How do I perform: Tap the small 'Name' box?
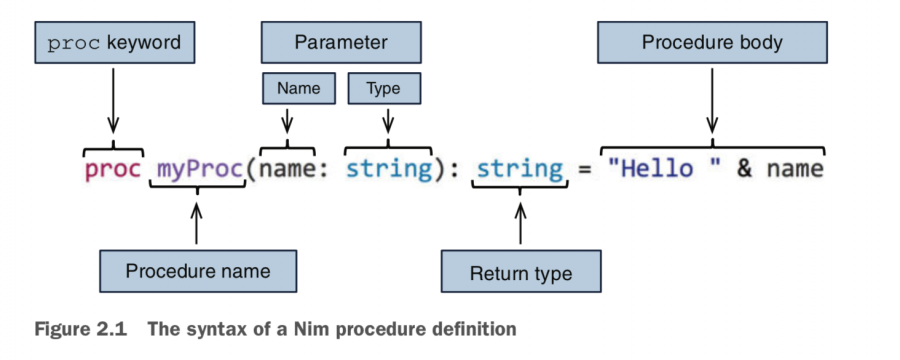pyautogui.click(x=298, y=89)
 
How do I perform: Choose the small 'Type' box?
pyautogui.click(x=383, y=89)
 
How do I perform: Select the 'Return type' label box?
pyautogui.click(x=521, y=273)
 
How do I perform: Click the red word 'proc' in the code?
pyautogui.click(x=113, y=169)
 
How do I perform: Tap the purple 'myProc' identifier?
pyautogui.click(x=200, y=169)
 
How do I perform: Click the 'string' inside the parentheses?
pyautogui.click(x=388, y=169)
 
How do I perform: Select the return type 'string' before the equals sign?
pyautogui.click(x=520, y=169)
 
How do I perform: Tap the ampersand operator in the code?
pyautogui.click(x=745, y=169)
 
